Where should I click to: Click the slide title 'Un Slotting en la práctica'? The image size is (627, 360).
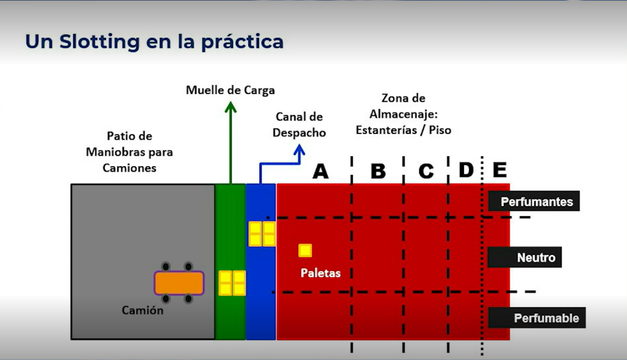point(154,42)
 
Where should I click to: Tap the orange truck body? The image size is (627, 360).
point(179,283)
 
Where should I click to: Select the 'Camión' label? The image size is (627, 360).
point(143,310)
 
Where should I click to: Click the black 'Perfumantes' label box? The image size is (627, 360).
point(534,202)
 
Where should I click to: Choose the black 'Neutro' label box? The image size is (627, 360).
point(525,257)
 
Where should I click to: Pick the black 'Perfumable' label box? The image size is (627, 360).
point(537,318)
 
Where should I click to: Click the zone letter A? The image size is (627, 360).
point(321,171)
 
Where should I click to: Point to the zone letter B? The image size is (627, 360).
point(378,171)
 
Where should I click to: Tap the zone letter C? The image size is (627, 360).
point(426,171)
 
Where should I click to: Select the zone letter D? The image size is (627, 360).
point(466,170)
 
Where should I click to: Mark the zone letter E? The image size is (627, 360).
point(499,170)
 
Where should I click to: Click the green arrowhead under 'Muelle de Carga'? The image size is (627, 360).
point(231,107)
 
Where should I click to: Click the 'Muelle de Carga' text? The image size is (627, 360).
point(230,90)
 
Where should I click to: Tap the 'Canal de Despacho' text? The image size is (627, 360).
point(299,124)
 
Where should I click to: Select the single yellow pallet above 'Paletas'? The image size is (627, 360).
point(305,250)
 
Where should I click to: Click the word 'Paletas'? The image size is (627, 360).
point(321,273)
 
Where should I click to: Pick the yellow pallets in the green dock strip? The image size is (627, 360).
point(232,283)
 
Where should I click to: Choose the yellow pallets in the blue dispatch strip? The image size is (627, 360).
point(262,234)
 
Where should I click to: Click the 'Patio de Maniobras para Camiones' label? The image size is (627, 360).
point(129,152)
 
